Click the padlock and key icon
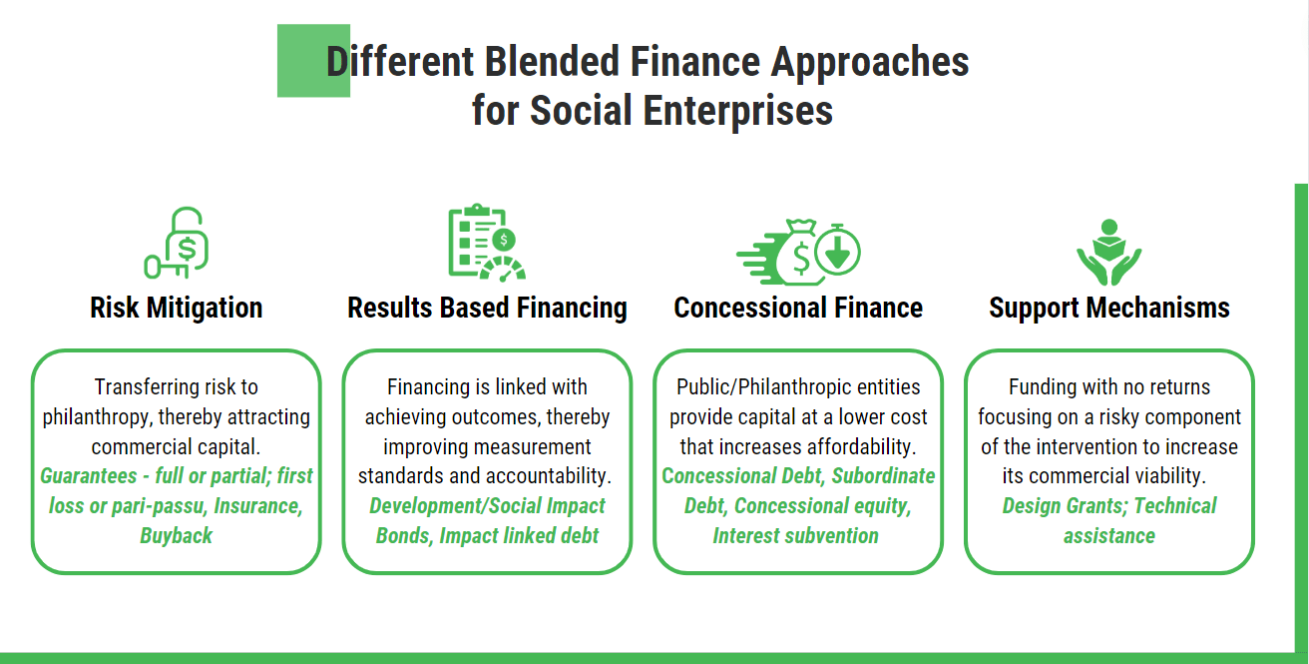[x=177, y=243]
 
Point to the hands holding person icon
[x=1108, y=252]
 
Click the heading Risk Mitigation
[x=177, y=308]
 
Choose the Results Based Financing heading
[x=487, y=308]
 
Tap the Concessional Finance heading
[x=798, y=308]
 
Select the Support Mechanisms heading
[x=1108, y=308]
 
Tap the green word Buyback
[x=177, y=535]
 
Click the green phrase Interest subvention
[x=795, y=535]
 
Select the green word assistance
[x=1108, y=535]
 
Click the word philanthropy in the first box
[x=95, y=417]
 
